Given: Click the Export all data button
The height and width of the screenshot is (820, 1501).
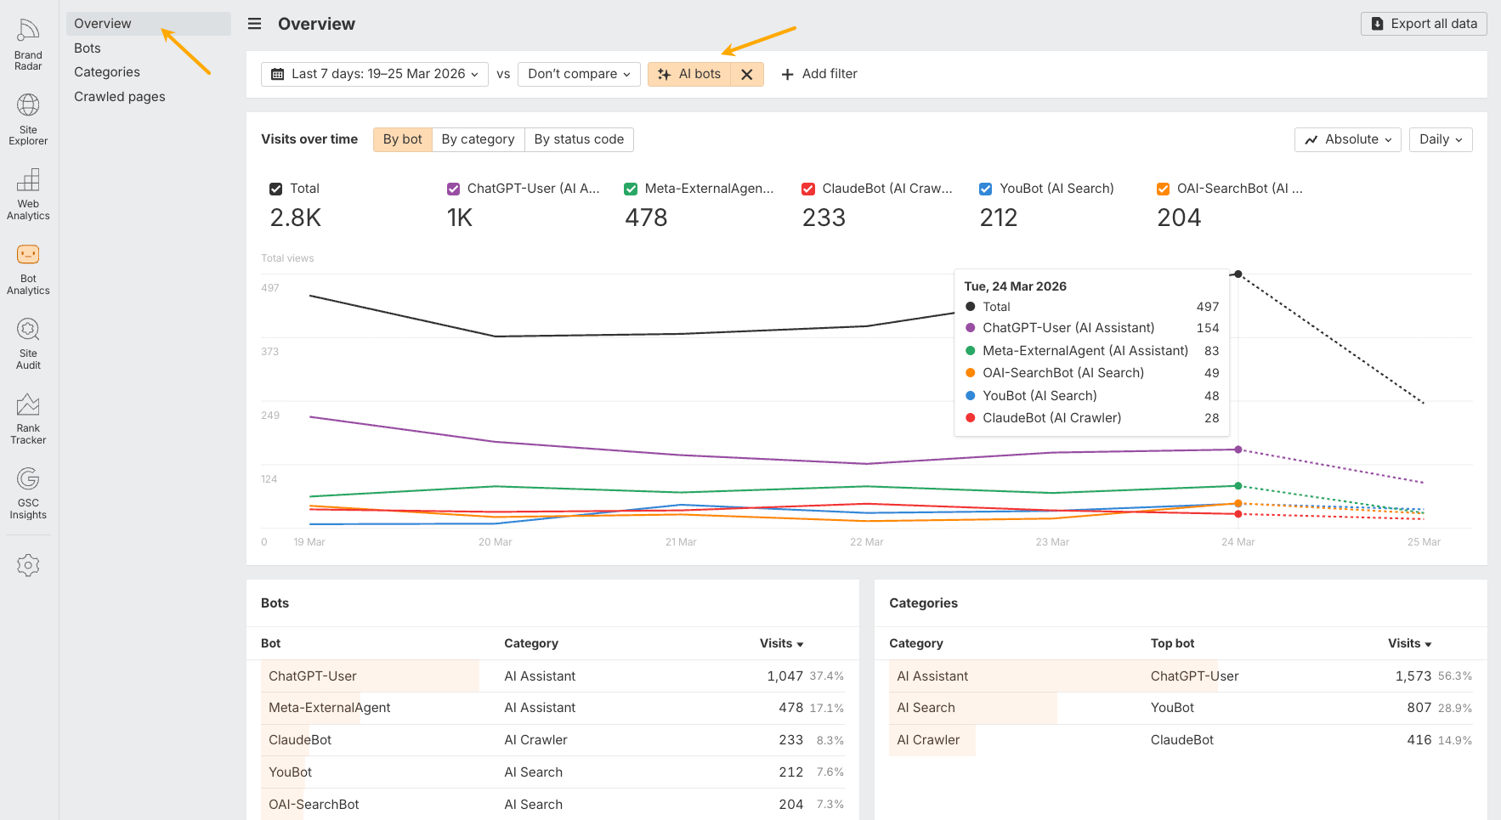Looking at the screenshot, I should coord(1424,24).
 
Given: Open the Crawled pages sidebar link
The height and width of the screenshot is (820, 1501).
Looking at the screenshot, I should coord(120,97).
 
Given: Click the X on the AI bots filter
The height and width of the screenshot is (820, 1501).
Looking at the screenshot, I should coord(746,75).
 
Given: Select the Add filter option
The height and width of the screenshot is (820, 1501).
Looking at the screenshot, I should coord(818,74).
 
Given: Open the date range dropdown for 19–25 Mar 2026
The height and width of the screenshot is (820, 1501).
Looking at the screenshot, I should coord(375,74).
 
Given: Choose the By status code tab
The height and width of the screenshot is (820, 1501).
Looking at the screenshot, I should coord(578,139).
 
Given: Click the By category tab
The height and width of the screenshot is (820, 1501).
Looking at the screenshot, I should coord(478,139).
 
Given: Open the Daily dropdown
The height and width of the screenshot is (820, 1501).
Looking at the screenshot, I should coord(1440,139).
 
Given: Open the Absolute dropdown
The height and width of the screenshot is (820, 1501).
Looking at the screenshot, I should coord(1348,139).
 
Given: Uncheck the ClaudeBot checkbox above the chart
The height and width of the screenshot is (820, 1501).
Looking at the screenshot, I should coord(808,189).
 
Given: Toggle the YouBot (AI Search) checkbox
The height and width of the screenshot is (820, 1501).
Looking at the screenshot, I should coord(986,189).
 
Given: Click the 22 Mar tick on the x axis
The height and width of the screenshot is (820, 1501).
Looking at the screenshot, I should coord(866,542).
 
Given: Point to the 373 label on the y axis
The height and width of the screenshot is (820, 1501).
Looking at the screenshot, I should coord(270,352).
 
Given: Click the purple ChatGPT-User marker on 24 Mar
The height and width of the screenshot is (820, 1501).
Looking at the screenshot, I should coord(1238,450).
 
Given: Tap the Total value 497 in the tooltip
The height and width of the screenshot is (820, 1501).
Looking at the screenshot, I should coord(1207,307).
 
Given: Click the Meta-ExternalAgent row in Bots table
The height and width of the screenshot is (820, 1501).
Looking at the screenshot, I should coord(330,708).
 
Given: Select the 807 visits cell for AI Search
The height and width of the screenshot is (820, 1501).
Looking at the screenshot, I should coord(1419,708).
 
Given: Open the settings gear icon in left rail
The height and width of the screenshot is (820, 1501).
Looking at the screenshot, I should coord(28,565).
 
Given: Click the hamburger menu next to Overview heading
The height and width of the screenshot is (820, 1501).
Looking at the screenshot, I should coord(254,24).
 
